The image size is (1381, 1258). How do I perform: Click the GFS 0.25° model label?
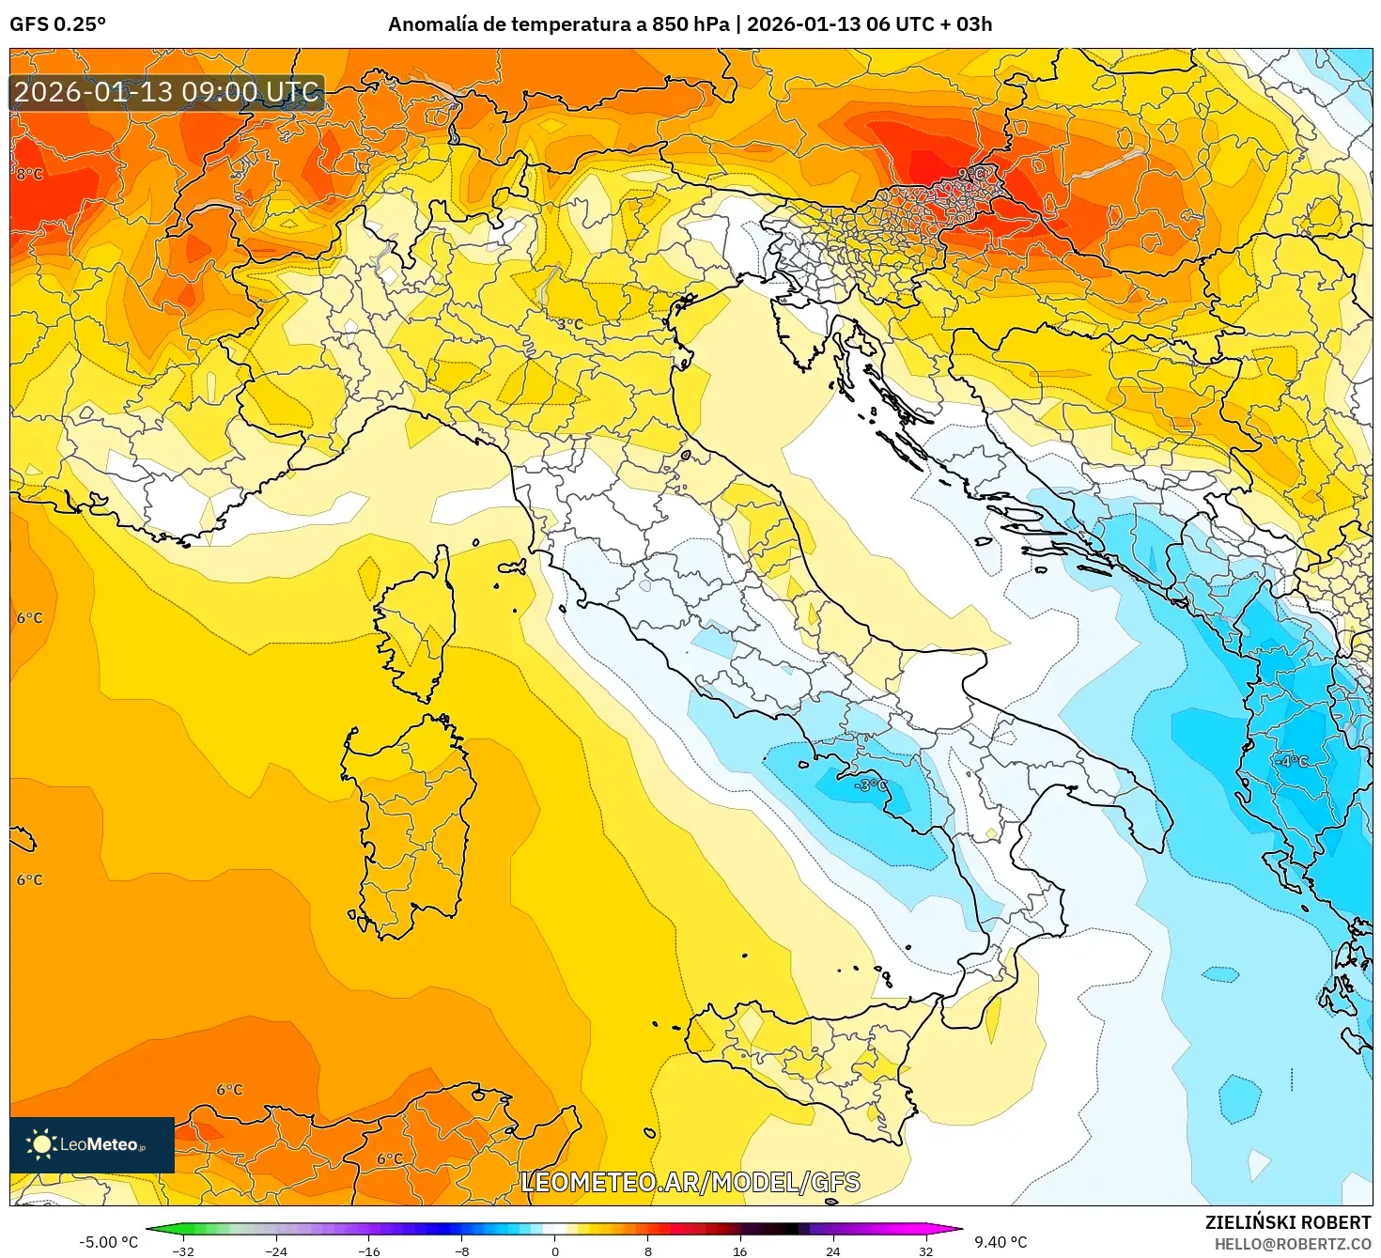pos(57,24)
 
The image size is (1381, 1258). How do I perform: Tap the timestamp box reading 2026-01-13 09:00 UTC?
pos(167,92)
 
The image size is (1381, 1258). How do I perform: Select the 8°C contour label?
pos(29,174)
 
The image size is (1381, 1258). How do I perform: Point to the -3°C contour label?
pos(870,784)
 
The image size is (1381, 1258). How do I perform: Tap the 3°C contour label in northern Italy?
pos(569,324)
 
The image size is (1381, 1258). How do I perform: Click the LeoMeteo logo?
pos(92,1144)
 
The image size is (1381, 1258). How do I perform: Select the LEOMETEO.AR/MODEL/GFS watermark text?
pos(690,1182)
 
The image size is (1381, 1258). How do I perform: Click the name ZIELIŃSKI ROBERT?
pos(1288,1222)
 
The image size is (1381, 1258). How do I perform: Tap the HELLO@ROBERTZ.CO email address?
pos(1292,1244)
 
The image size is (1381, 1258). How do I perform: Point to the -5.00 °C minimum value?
pos(108,1242)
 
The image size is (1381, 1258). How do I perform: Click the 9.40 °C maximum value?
pos(1001,1242)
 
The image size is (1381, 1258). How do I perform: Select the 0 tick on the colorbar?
pos(555,1250)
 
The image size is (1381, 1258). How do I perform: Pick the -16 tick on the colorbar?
pos(369,1250)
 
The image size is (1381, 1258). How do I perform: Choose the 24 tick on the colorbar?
pos(833,1250)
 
